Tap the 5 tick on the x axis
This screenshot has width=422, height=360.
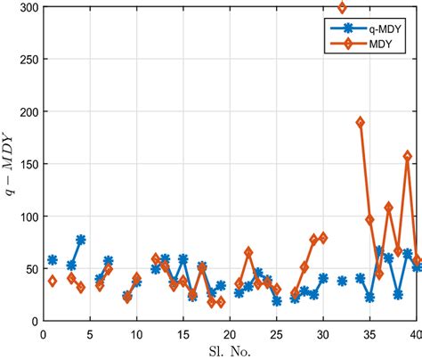(90, 334)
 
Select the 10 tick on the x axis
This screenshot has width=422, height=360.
(136, 334)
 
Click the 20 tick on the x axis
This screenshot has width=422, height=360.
(230, 334)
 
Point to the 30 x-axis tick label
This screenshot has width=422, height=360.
(323, 334)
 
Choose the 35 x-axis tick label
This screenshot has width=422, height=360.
(369, 334)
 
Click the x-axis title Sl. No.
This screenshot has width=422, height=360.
(230, 350)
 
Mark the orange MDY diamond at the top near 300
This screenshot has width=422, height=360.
(342, 8)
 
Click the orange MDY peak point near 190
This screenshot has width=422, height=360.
(361, 122)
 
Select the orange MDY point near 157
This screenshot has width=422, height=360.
(408, 156)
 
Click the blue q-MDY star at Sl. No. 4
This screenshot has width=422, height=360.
(81, 240)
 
